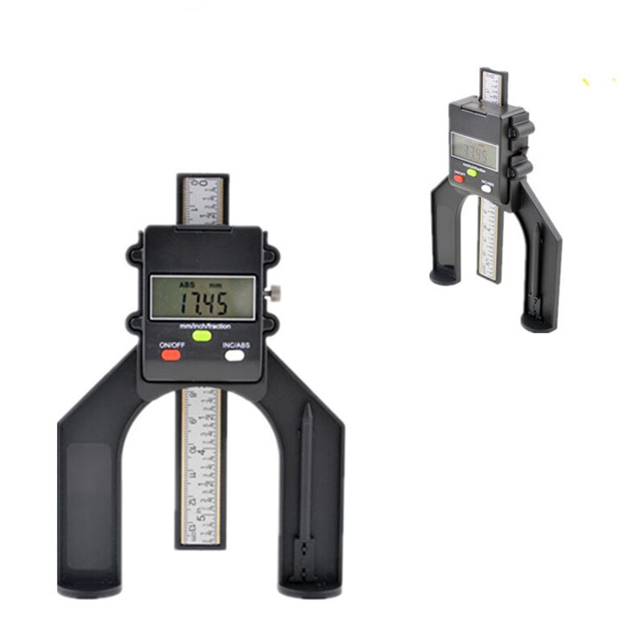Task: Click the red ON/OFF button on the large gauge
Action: pos(170,356)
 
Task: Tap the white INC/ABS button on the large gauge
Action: pos(234,356)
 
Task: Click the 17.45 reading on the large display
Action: pos(202,303)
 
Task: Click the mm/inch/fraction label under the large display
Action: pos(202,325)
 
